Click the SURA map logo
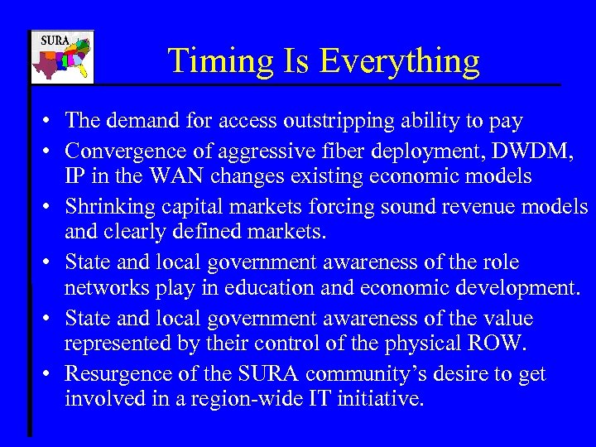[x=62, y=57]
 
